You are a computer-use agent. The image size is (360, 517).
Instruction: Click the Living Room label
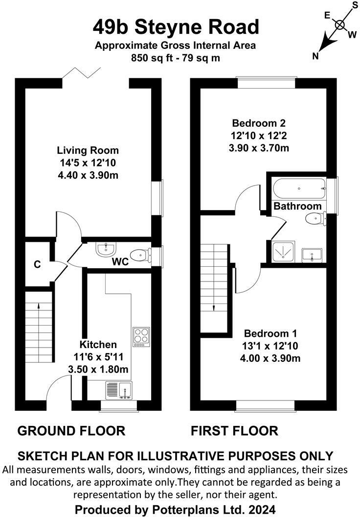pyautogui.click(x=88, y=150)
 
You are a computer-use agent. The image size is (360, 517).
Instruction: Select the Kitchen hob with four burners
pyautogui.click(x=141, y=337)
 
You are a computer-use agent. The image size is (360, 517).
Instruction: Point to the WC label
pyautogui.click(x=120, y=262)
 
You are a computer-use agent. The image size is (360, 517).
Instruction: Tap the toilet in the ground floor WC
pyautogui.click(x=142, y=254)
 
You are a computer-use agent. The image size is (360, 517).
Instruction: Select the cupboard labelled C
pyautogui.click(x=37, y=264)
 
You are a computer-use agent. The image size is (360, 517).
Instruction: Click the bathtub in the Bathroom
pyautogui.click(x=298, y=188)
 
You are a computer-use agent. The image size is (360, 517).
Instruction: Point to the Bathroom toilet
pyautogui.click(x=314, y=219)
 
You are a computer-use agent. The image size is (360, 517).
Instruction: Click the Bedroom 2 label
pyautogui.click(x=259, y=123)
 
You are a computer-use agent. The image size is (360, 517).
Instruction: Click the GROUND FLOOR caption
pyautogui.click(x=71, y=431)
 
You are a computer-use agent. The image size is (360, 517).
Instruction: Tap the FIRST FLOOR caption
pyautogui.click(x=234, y=431)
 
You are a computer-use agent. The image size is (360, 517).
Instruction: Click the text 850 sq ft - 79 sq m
pyautogui.click(x=175, y=57)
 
